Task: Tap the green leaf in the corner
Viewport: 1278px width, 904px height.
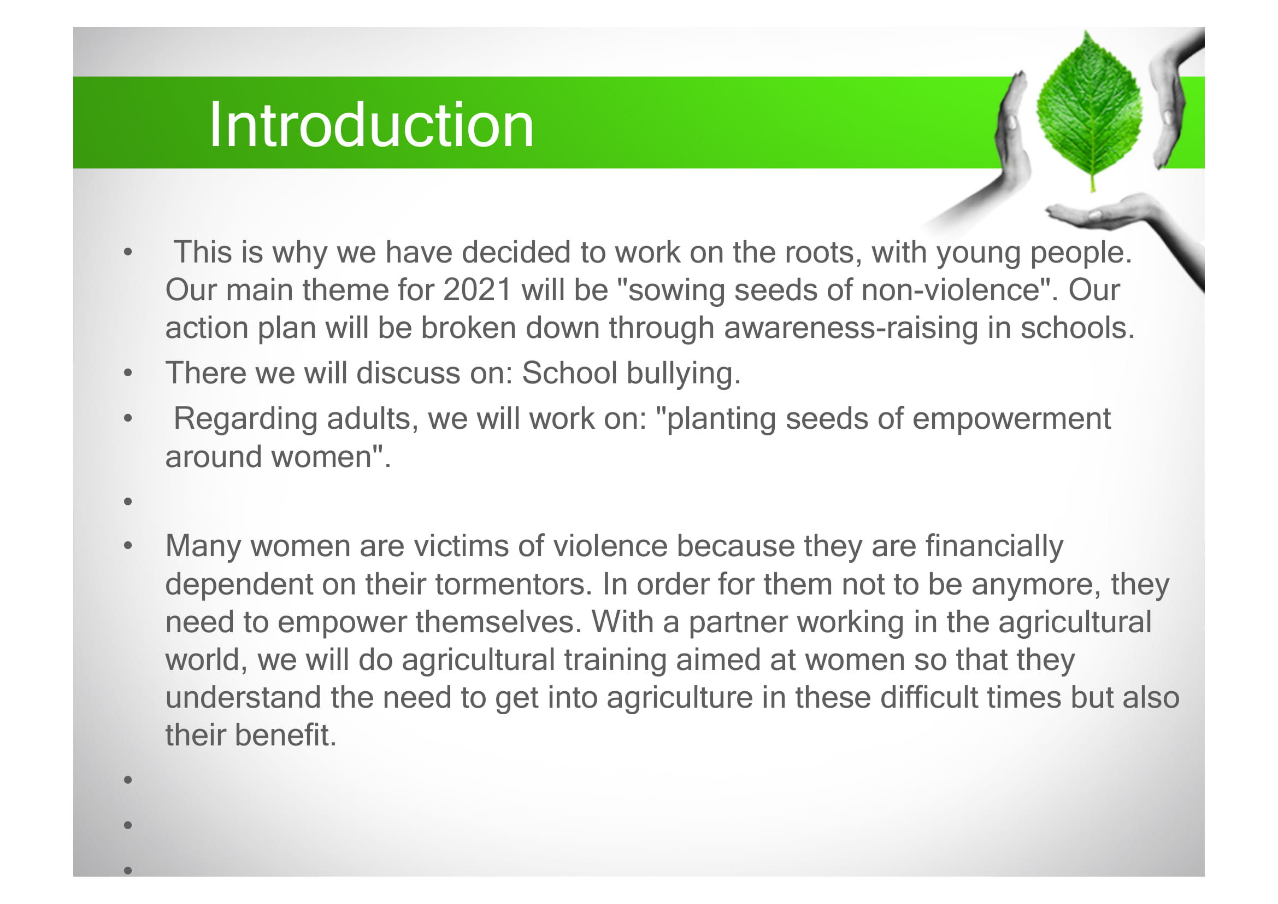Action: pyautogui.click(x=1090, y=110)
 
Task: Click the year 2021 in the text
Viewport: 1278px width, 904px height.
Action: pyautogui.click(x=477, y=290)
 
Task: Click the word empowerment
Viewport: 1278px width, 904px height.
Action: pyautogui.click(x=1011, y=419)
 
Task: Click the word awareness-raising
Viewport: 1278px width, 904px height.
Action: pyautogui.click(x=851, y=328)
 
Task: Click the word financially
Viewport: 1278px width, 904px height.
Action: pyautogui.click(x=994, y=546)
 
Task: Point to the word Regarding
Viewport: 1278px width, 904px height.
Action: pyautogui.click(x=245, y=419)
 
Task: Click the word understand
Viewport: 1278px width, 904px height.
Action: pyautogui.click(x=243, y=697)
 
